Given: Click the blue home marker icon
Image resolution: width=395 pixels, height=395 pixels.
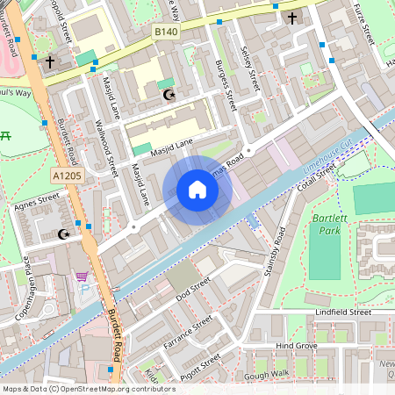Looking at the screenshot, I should coord(197,190).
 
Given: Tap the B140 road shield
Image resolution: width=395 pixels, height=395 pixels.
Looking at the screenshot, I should coord(166,32).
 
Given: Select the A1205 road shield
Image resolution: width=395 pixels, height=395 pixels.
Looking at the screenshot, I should coord(66,176).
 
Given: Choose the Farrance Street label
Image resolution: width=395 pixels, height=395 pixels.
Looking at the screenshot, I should coord(189,334).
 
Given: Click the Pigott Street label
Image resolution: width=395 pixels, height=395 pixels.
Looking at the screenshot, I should coord(200,365).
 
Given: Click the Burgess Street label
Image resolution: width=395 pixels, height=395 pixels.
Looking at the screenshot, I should coord(226,84).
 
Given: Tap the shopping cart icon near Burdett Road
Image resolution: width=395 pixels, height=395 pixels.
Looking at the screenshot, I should coord(82,277).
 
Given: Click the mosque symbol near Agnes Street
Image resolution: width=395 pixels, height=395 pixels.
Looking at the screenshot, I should coord(62,234).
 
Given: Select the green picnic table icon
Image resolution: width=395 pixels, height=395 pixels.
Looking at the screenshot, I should coord(6,135).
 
